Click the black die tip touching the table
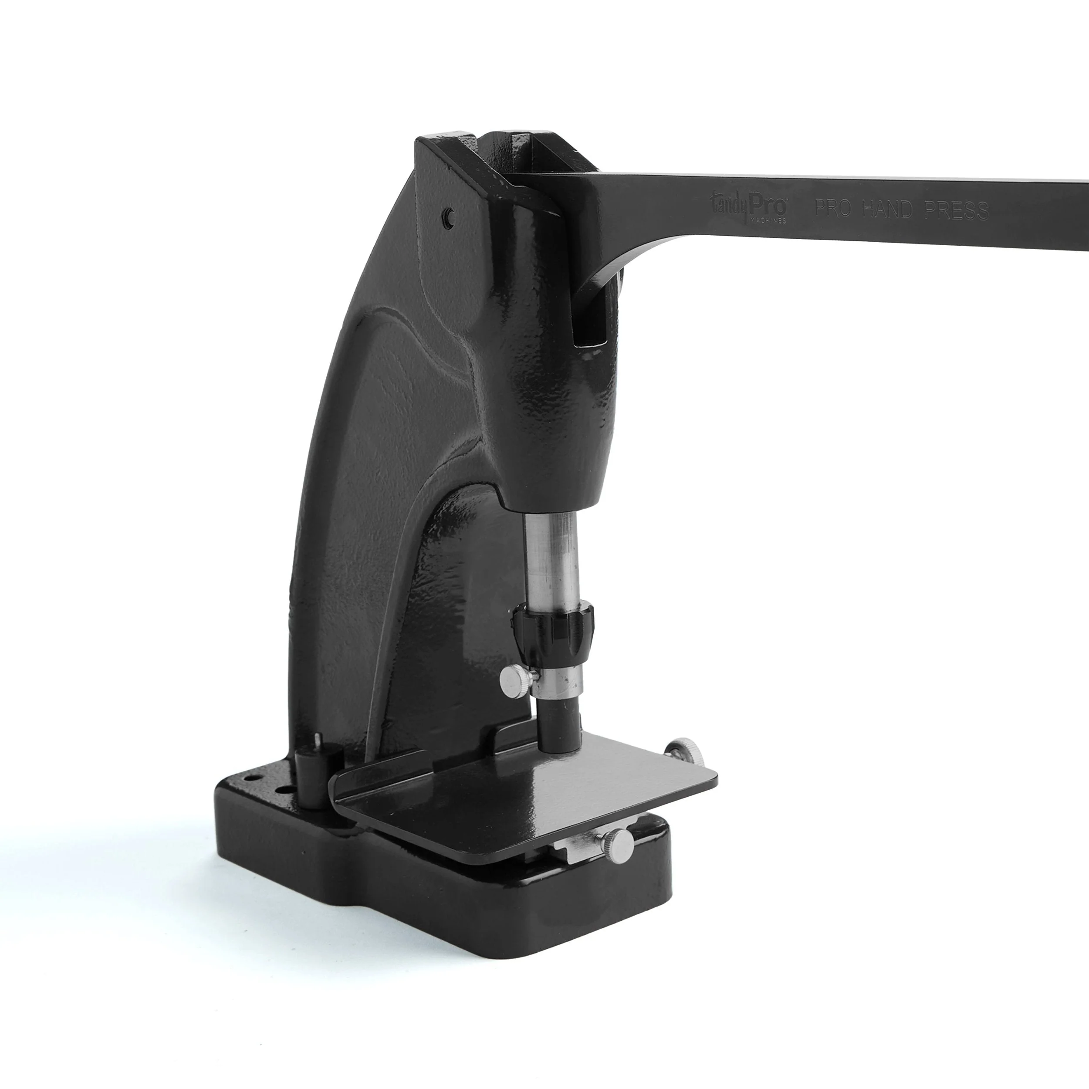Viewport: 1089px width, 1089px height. [x=558, y=727]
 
